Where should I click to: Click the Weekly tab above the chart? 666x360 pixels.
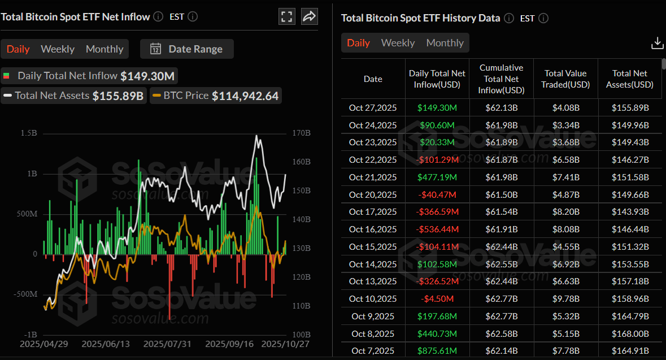(x=58, y=49)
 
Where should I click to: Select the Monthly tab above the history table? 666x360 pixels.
(x=445, y=43)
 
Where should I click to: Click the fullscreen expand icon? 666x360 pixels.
(x=287, y=16)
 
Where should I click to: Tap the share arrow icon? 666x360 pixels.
(x=309, y=16)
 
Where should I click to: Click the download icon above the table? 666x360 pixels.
(x=657, y=43)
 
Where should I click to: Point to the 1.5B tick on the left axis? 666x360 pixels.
(x=29, y=133)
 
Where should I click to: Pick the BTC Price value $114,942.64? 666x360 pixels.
(x=245, y=96)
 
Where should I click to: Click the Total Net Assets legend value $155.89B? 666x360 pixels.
(x=117, y=96)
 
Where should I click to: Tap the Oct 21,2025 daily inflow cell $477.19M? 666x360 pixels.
(x=437, y=177)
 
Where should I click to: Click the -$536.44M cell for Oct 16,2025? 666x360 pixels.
(x=437, y=229)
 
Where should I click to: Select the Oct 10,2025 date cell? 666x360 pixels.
(x=373, y=299)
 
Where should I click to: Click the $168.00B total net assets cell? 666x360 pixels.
(x=630, y=333)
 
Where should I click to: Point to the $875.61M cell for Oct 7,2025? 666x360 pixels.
(x=437, y=351)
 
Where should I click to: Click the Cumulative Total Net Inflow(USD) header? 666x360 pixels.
(x=501, y=79)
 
